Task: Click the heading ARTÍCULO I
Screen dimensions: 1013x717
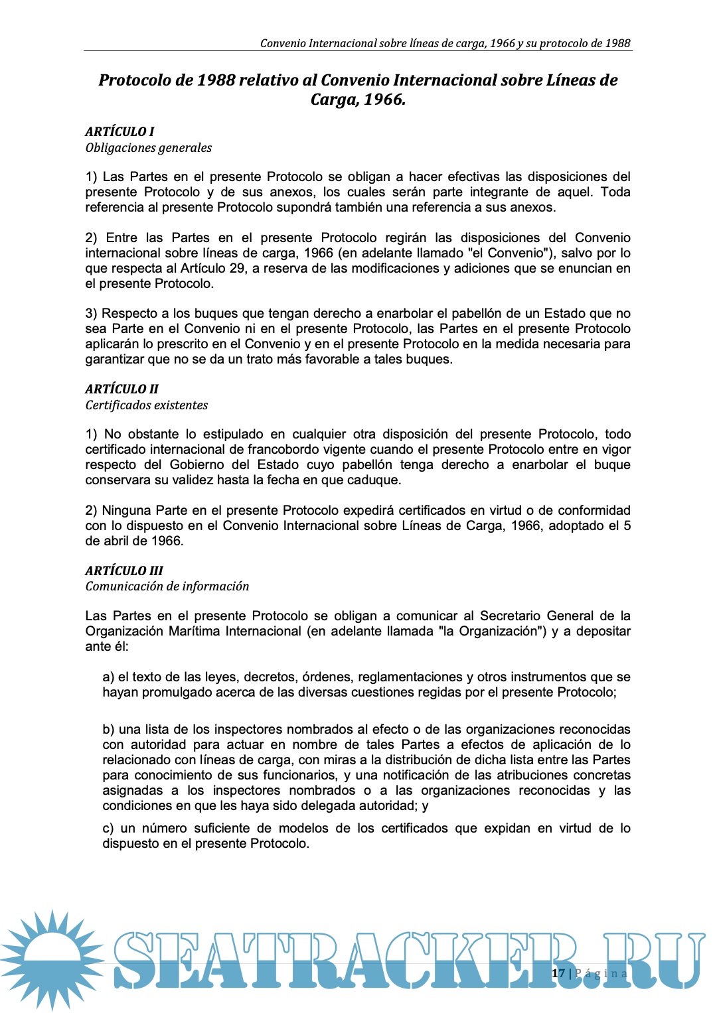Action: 119,131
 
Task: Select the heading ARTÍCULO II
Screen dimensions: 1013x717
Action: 121,389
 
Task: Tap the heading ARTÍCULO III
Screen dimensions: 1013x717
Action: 124,571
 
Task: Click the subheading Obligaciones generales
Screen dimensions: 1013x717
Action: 149,147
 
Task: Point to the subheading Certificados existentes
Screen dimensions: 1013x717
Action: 147,405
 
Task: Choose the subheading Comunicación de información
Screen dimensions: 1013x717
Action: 167,586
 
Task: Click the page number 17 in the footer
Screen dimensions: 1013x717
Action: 558,973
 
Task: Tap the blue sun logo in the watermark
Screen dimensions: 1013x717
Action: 52,959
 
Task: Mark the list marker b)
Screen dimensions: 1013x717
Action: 108,729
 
